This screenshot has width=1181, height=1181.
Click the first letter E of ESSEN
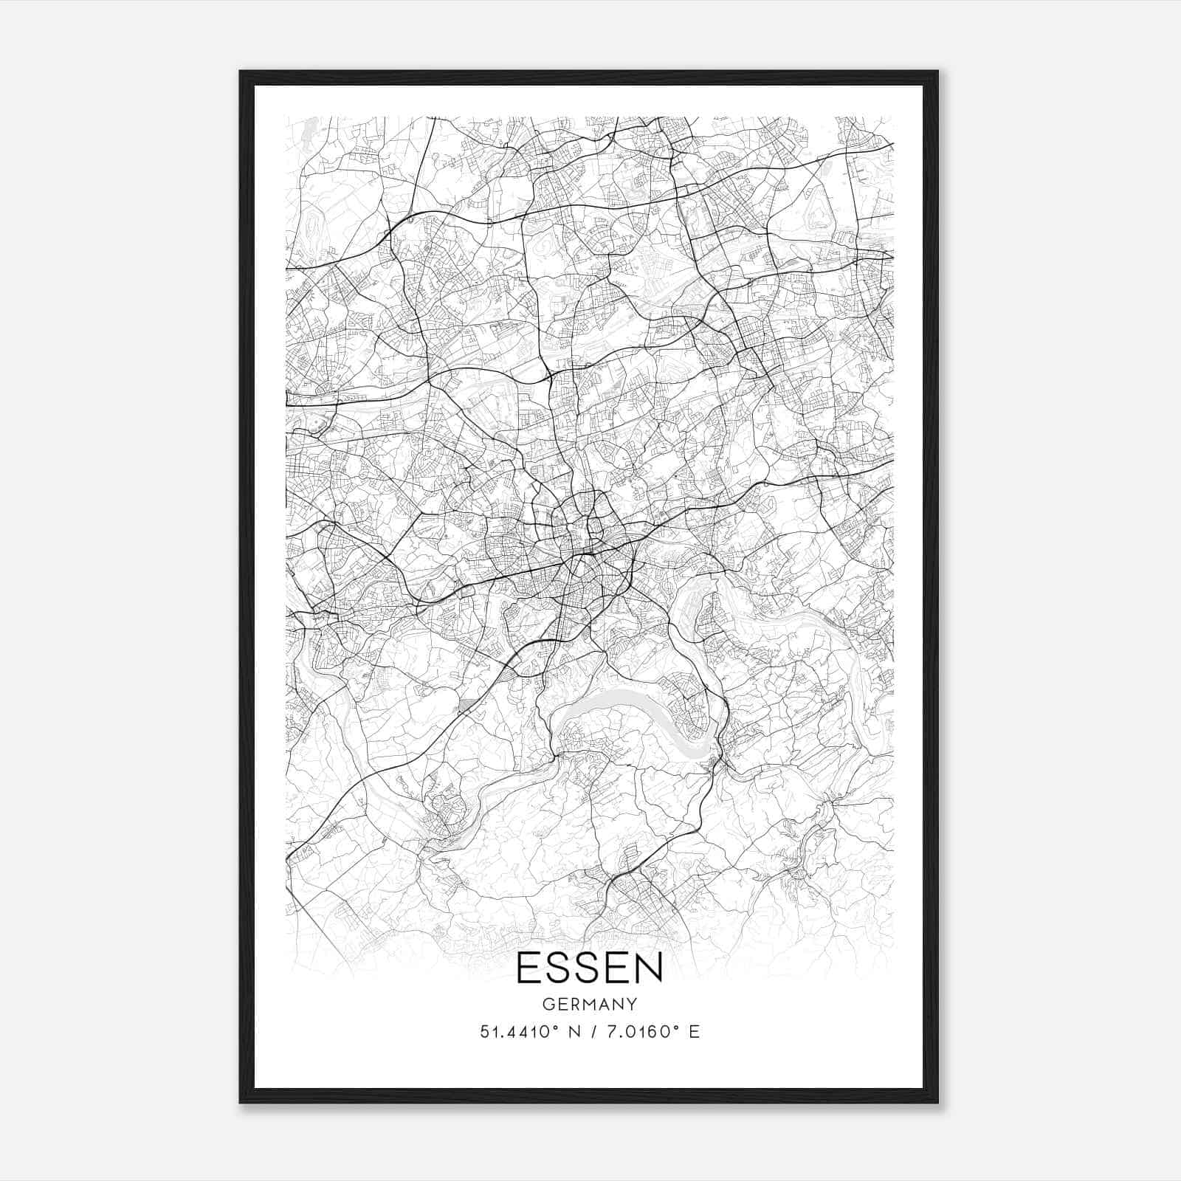click(527, 967)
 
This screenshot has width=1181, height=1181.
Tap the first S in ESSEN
click(558, 967)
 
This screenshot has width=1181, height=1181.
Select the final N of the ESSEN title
click(648, 967)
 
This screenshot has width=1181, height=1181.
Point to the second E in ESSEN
click(617, 967)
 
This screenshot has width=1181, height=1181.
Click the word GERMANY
click(589, 1004)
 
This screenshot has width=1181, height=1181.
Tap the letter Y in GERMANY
click(632, 1004)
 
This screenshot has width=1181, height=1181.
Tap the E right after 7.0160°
click(693, 1031)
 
